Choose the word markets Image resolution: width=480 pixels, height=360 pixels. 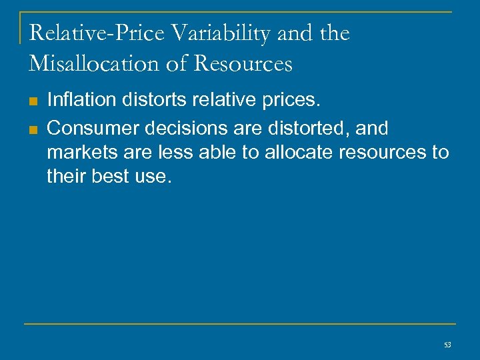point(81,153)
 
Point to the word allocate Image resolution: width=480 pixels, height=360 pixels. point(299,153)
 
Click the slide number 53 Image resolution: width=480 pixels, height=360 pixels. point(447,344)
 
